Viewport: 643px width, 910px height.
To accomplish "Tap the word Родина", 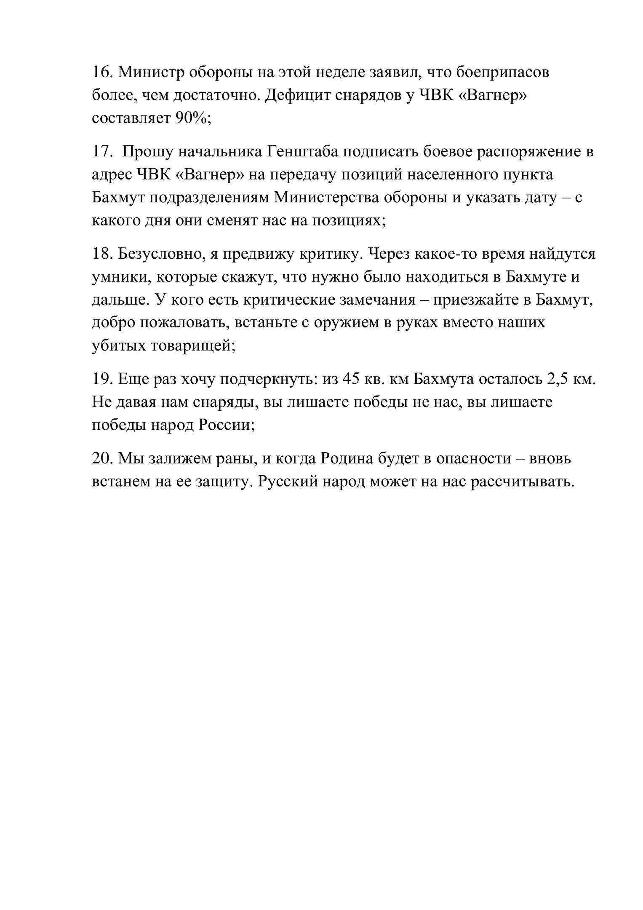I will pyautogui.click(x=347, y=458).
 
